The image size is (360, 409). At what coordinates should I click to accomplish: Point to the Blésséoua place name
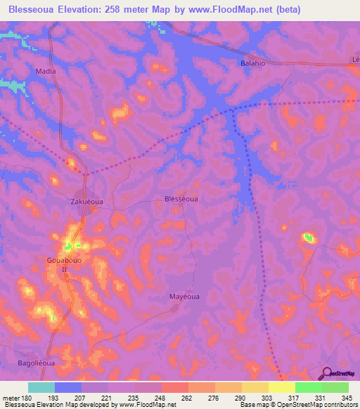[x=181, y=199]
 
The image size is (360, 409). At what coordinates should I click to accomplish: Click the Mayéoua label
[x=184, y=296]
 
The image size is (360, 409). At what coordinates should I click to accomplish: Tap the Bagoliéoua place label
[x=34, y=363]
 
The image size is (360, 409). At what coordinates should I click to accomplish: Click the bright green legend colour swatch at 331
[x=308, y=387]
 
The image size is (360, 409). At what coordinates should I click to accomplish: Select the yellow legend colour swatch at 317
[x=281, y=387]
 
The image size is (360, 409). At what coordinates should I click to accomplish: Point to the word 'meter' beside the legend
[x=10, y=397]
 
